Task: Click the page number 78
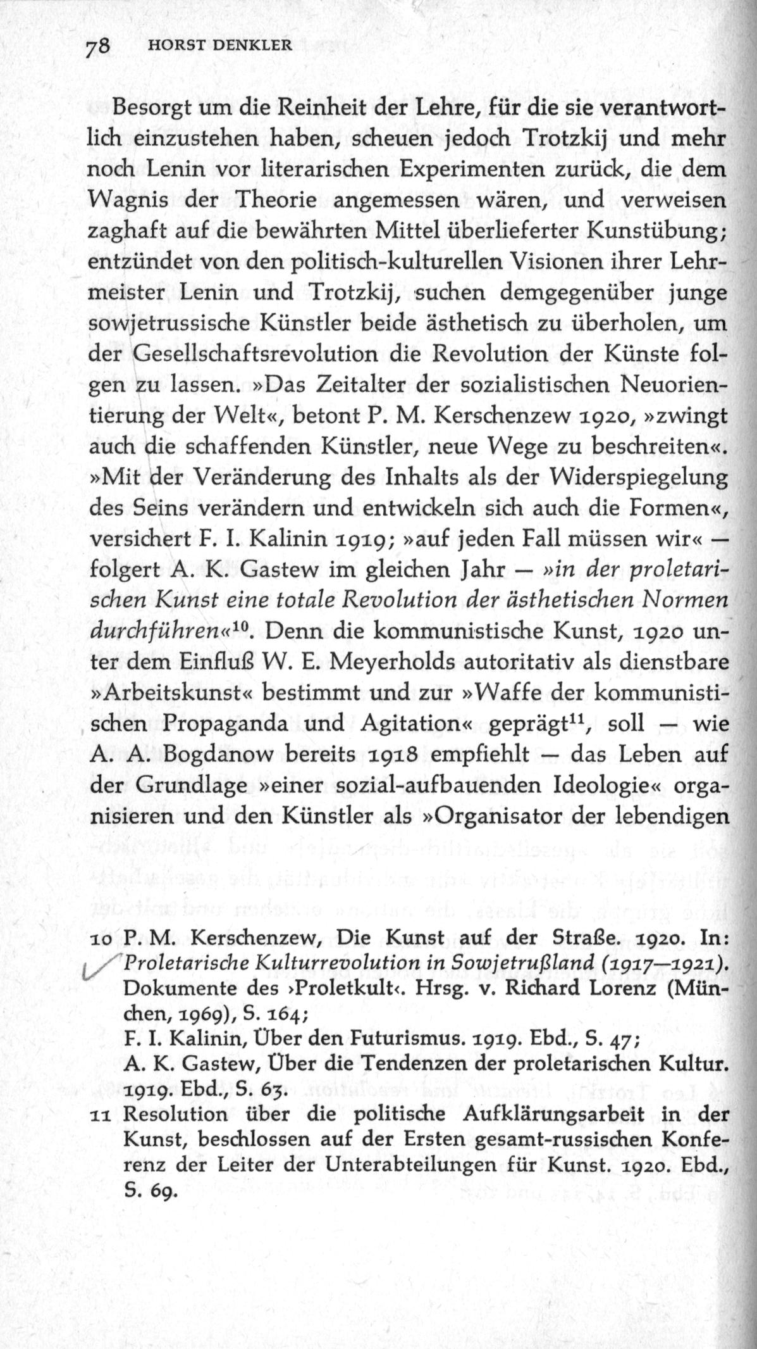(x=98, y=46)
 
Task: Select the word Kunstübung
(x=654, y=232)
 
